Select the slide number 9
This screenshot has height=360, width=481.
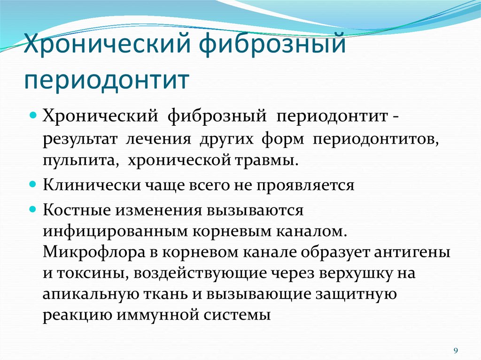pos(456,351)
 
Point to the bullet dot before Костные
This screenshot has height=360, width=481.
pos(33,209)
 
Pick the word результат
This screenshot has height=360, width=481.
pos(80,140)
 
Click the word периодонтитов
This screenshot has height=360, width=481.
pos(376,140)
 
